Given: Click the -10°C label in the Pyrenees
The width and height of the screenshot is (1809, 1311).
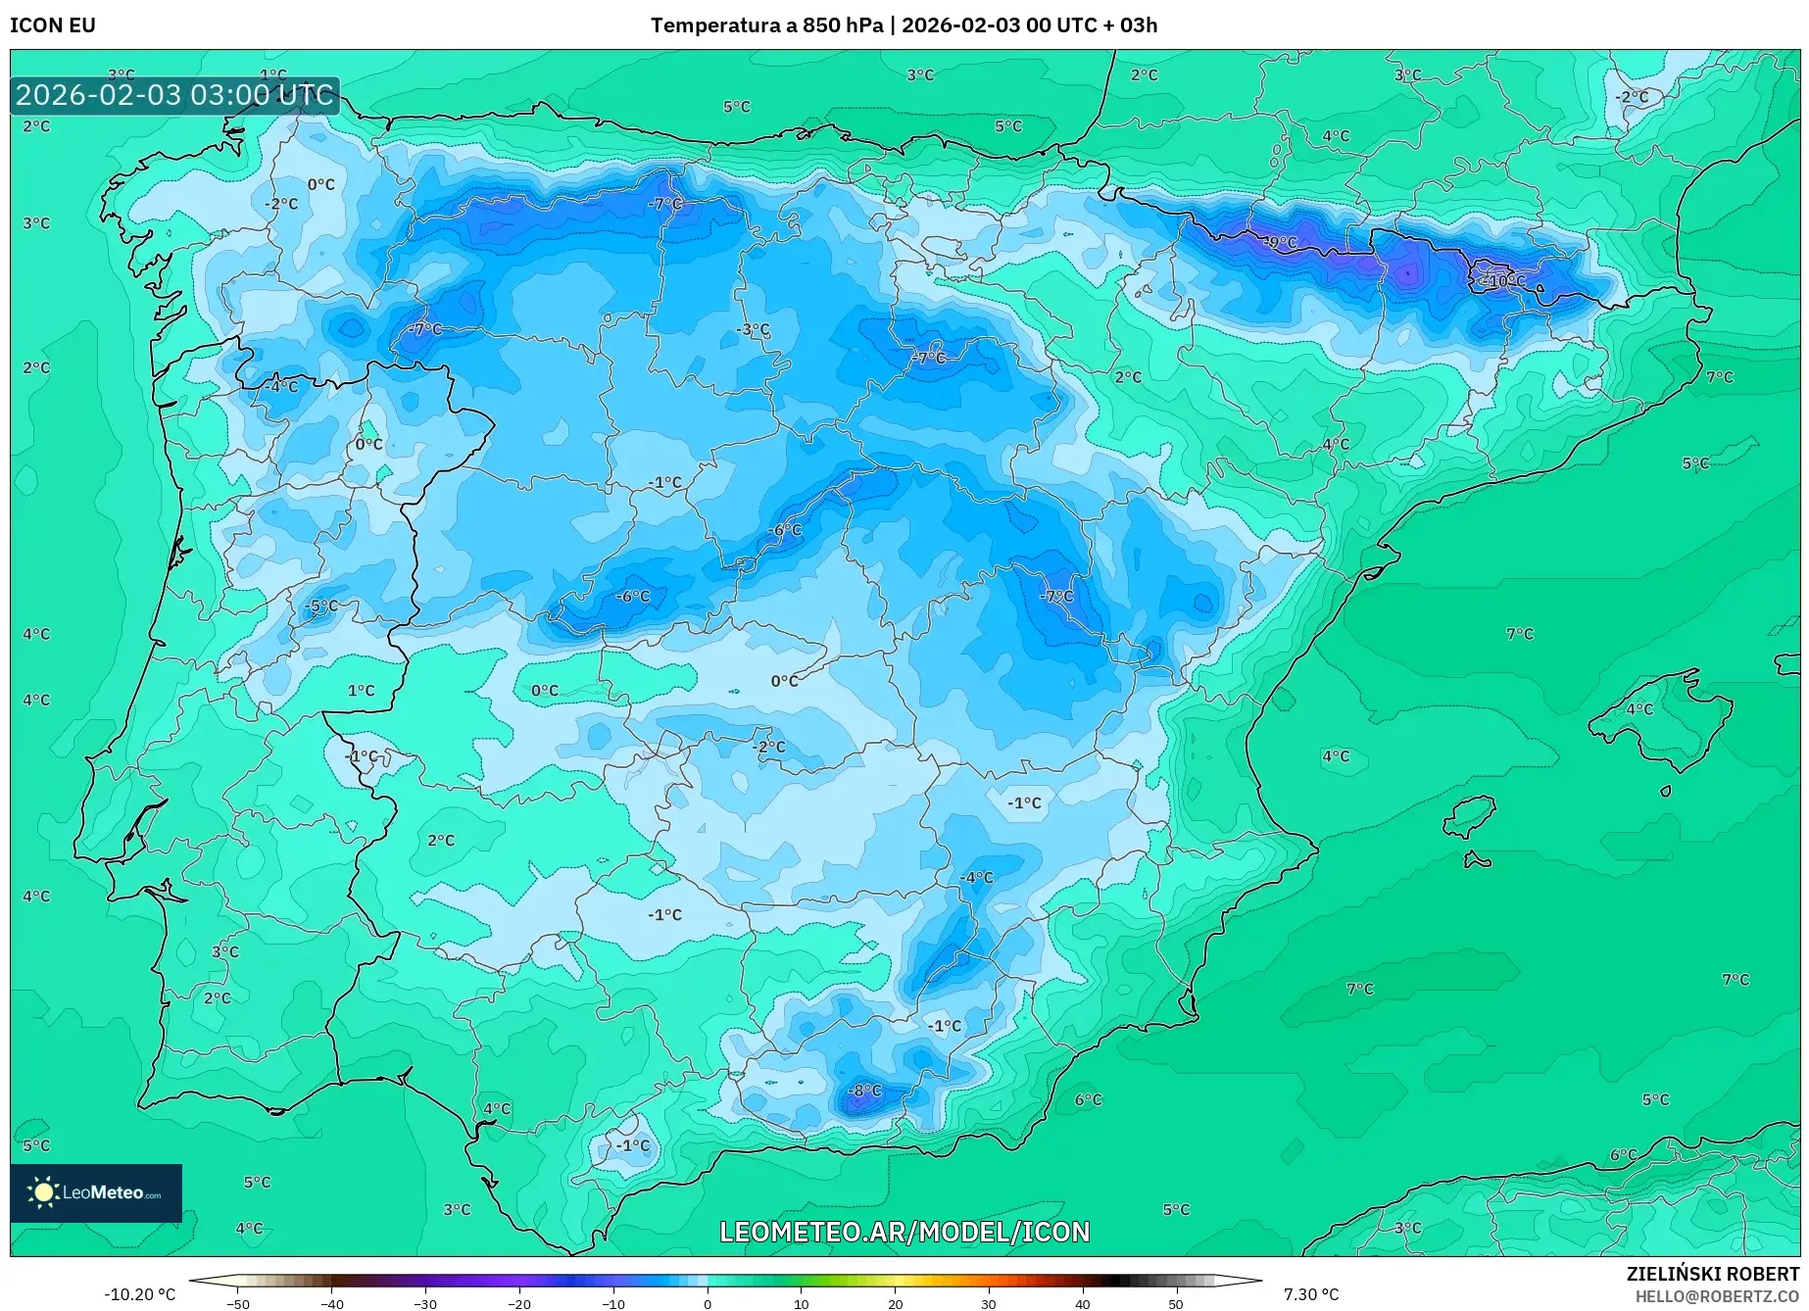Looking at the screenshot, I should tap(1501, 280).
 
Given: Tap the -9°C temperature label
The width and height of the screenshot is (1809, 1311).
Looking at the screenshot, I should tap(1280, 242).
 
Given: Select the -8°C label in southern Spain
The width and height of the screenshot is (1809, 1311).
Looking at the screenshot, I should tap(864, 1091).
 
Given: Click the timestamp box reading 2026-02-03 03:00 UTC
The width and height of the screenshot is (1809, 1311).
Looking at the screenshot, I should tap(174, 95).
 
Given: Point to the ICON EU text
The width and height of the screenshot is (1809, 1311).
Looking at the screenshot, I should tap(53, 25).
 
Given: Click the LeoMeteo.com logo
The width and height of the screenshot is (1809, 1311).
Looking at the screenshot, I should tap(96, 1192).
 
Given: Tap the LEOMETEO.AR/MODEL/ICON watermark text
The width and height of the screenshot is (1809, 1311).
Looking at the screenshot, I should tap(904, 1232).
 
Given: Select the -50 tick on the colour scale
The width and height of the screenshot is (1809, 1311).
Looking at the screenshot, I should tap(238, 1304).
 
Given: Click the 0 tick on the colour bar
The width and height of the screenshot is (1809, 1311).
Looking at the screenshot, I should tap(708, 1304).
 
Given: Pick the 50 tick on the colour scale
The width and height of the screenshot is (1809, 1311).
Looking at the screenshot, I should tap(1176, 1304).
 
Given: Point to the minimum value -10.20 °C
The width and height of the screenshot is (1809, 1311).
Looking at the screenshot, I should tap(139, 1294).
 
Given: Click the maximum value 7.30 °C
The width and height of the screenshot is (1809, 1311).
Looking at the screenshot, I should tap(1311, 1294).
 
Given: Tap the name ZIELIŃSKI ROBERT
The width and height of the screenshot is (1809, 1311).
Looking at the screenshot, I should tap(1712, 1275).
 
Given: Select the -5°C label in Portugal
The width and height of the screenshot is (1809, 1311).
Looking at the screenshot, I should tap(320, 607).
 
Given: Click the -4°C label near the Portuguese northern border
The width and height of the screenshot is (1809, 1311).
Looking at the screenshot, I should tap(281, 387).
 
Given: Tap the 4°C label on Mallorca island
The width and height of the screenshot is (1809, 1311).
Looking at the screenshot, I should tap(1638, 709).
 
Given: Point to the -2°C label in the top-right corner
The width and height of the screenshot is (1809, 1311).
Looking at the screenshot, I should tap(1633, 97).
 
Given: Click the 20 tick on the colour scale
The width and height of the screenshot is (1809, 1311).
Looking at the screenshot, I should tap(895, 1304).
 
